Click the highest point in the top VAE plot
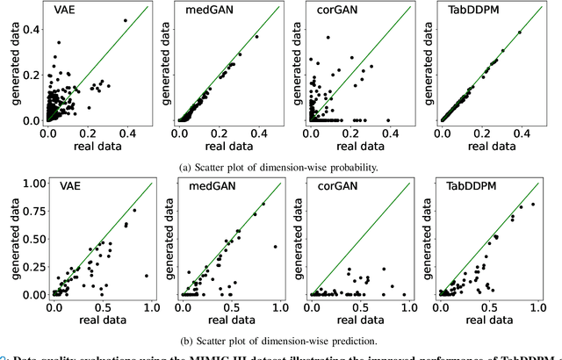(x=125, y=19)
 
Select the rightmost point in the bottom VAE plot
(x=146, y=276)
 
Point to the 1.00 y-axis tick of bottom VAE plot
(x=32, y=183)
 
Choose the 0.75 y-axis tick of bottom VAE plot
(x=32, y=211)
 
